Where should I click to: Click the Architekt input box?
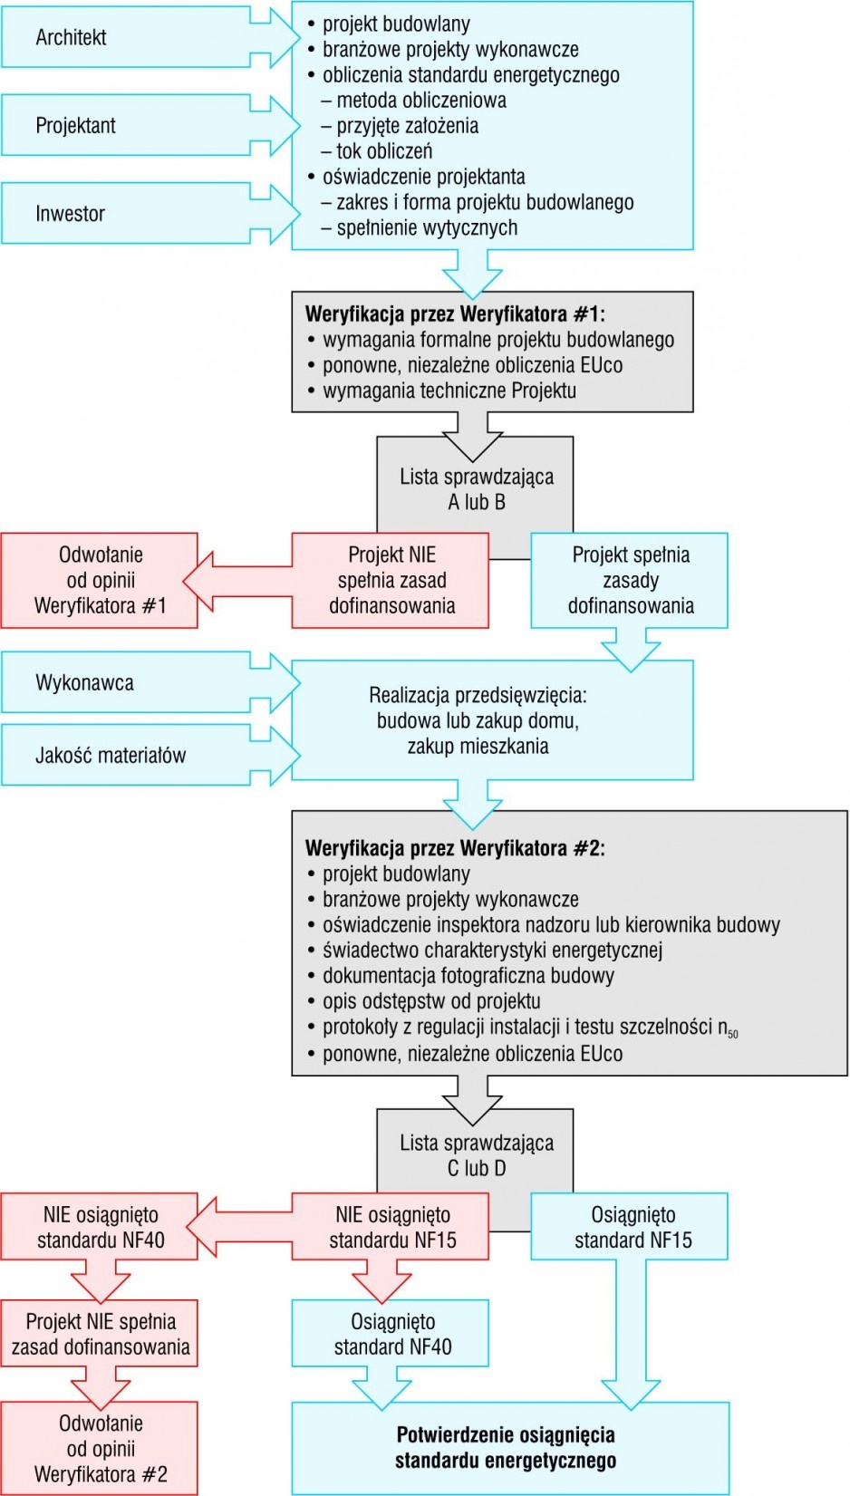[x=127, y=37]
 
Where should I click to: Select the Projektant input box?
[x=127, y=126]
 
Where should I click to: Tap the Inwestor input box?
[x=127, y=214]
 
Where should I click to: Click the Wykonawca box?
[x=127, y=682]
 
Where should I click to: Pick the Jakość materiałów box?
[x=127, y=756]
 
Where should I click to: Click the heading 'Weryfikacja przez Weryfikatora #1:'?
[x=455, y=314]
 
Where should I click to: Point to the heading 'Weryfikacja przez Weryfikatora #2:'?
[x=455, y=848]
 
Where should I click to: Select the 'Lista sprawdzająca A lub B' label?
[x=476, y=489]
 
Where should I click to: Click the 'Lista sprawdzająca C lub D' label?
[x=476, y=1154]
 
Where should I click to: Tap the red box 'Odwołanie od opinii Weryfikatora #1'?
[x=100, y=580]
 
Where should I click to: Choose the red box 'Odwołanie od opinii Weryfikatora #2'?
[x=100, y=1448]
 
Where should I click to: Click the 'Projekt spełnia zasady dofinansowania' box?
[x=630, y=580]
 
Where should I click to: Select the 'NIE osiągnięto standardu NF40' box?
[x=100, y=1227]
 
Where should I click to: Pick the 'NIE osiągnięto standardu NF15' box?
[x=391, y=1227]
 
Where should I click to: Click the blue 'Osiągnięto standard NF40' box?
[x=391, y=1333]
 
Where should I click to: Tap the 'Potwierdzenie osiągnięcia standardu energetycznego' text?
[x=506, y=1447]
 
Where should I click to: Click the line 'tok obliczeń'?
[x=377, y=151]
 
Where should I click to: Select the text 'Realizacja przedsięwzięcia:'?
[x=478, y=695]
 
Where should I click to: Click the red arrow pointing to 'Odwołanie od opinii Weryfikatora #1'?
[x=237, y=581]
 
